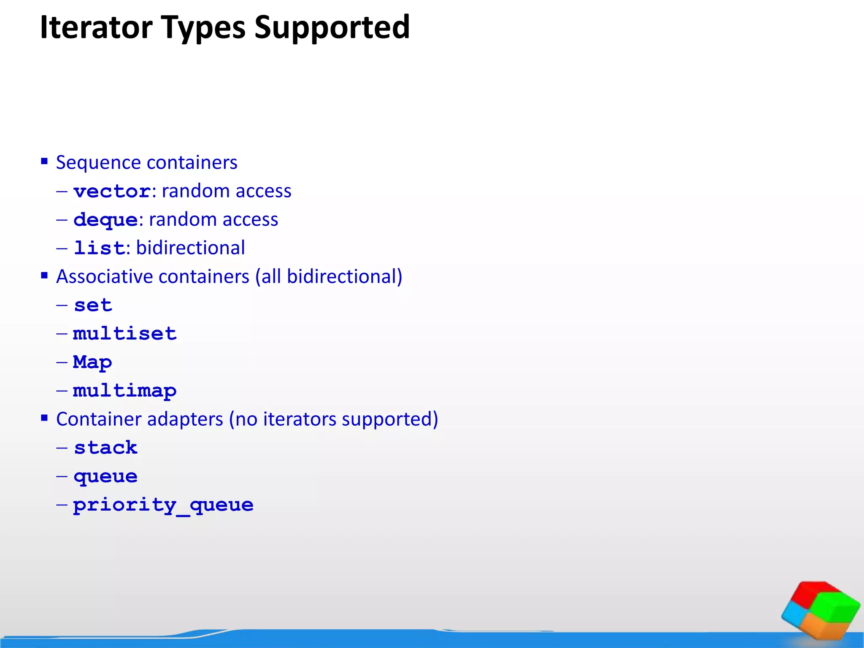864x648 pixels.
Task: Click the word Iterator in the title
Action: pos(96,27)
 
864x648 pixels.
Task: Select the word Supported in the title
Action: pos(332,27)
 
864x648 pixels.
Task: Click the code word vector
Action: pos(112,192)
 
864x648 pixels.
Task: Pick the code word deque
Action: pos(105,220)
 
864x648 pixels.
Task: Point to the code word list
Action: pos(99,248)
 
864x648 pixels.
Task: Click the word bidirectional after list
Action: pos(190,248)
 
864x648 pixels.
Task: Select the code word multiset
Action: pos(124,334)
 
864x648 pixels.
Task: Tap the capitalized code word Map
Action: pos(92,362)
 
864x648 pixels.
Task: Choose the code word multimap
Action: pos(124,391)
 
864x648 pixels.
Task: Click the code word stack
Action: pos(105,448)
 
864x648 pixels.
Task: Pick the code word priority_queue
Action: pos(163,505)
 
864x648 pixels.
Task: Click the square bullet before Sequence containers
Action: pos(44,161)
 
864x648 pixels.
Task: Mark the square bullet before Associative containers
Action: pos(44,275)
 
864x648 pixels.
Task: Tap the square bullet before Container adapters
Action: pos(44,418)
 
